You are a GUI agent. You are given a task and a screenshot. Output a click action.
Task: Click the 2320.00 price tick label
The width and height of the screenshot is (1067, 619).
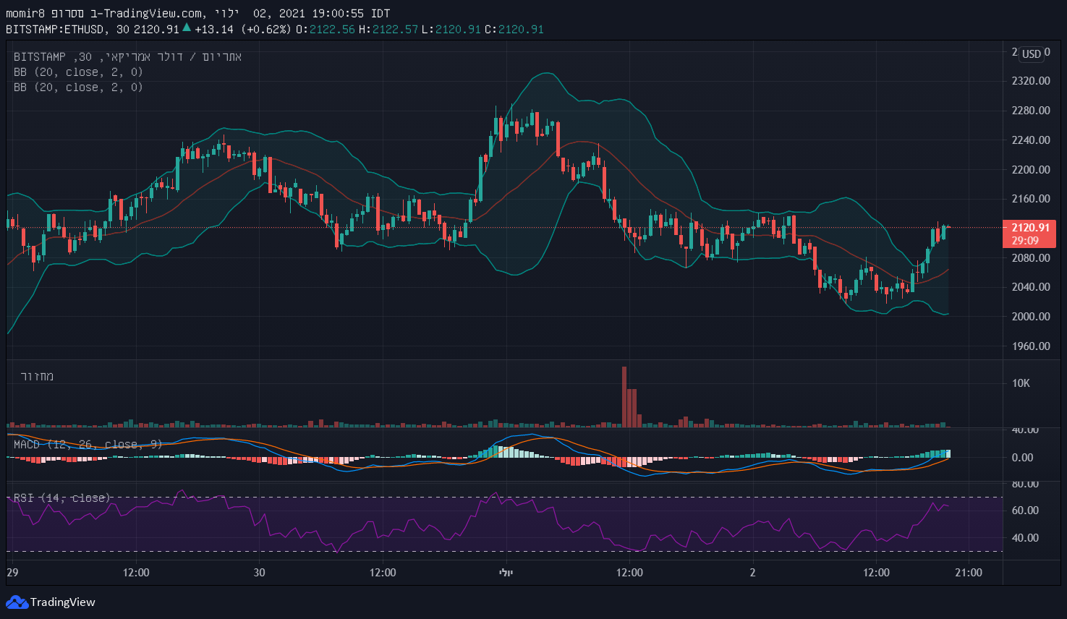pyautogui.click(x=1030, y=81)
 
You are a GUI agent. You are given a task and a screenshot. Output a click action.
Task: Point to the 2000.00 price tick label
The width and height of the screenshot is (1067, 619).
pyautogui.click(x=1030, y=317)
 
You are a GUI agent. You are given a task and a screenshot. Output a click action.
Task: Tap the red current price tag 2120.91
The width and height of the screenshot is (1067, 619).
pyautogui.click(x=1029, y=228)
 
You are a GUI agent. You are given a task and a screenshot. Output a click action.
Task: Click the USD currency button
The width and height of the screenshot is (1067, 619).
pyautogui.click(x=1032, y=54)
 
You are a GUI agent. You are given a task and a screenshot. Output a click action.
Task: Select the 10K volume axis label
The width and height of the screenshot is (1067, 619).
pyautogui.click(x=1021, y=383)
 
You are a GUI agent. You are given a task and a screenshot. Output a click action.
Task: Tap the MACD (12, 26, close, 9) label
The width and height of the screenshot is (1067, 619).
pyautogui.click(x=88, y=444)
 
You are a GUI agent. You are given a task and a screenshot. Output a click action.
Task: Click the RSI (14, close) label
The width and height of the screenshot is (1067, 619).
pyautogui.click(x=62, y=498)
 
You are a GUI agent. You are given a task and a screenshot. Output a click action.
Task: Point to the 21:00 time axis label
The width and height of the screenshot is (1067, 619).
pyautogui.click(x=969, y=573)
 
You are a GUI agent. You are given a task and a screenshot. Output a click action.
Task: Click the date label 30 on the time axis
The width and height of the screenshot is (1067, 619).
pyautogui.click(x=259, y=573)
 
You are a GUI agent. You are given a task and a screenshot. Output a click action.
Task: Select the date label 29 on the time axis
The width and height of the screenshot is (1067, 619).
pyautogui.click(x=12, y=573)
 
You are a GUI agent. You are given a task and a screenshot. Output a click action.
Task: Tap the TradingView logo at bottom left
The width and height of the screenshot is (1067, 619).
pyautogui.click(x=51, y=602)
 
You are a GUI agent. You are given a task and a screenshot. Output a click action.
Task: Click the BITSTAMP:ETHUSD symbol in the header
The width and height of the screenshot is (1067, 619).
pyautogui.click(x=56, y=30)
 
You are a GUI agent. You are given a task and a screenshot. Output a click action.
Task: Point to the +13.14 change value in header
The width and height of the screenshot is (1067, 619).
pyautogui.click(x=214, y=30)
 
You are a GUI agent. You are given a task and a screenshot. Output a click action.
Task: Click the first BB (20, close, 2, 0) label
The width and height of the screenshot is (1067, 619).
pyautogui.click(x=78, y=72)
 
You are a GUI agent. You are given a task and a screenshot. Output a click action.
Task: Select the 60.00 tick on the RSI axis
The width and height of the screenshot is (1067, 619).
pyautogui.click(x=1025, y=511)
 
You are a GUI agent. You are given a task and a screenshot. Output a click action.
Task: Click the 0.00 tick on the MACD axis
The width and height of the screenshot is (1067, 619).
pyautogui.click(x=1022, y=458)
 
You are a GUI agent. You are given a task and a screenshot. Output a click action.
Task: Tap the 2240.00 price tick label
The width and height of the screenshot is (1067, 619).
pyautogui.click(x=1030, y=140)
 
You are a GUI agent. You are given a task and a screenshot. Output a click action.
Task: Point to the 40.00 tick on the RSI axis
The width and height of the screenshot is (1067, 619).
pyautogui.click(x=1025, y=538)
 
